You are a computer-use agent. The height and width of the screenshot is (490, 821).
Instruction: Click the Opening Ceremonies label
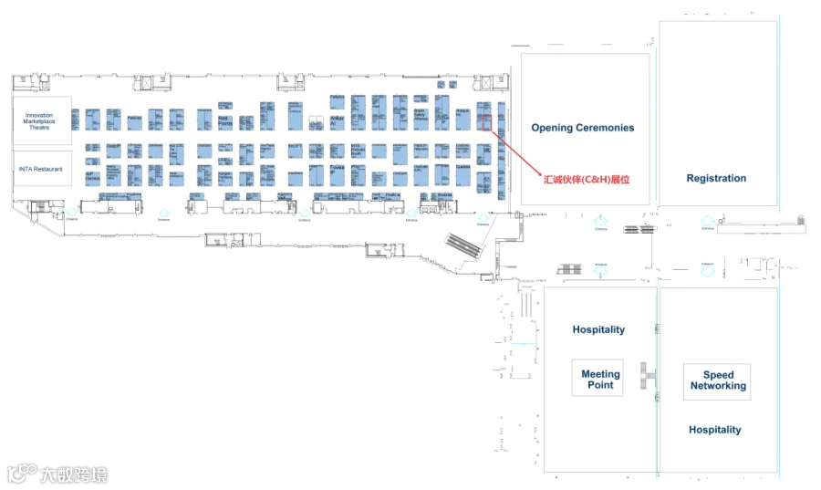click(582, 128)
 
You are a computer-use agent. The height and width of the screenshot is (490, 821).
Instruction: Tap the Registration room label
click(716, 179)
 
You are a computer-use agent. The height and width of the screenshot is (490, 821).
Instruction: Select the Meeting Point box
click(600, 379)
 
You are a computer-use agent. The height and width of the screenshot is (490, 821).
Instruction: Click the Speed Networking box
click(718, 381)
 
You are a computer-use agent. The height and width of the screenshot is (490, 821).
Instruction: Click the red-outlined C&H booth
click(486, 121)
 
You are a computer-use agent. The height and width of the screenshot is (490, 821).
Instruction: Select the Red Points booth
click(226, 121)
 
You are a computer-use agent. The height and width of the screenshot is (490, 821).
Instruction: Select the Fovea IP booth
click(338, 171)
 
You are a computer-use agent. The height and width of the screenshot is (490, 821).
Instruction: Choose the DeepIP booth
click(114, 148)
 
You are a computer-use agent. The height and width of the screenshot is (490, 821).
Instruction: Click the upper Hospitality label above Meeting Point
click(598, 329)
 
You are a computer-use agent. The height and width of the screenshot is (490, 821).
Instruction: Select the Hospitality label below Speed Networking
click(714, 430)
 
